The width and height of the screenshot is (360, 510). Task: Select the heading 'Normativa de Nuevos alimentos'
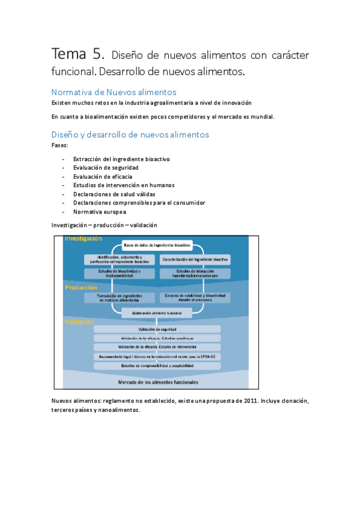click(x=114, y=92)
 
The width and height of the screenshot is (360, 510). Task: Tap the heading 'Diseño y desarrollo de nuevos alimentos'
click(x=130, y=135)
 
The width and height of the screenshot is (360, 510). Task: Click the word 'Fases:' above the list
click(x=60, y=145)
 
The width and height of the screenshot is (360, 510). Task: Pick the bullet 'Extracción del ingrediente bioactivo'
click(x=121, y=159)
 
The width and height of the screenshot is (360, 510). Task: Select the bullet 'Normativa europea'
click(x=99, y=212)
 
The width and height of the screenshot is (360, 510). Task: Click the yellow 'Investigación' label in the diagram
click(x=84, y=239)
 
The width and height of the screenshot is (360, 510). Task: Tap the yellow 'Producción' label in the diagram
click(x=81, y=288)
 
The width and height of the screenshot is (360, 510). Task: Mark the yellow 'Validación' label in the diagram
click(x=79, y=322)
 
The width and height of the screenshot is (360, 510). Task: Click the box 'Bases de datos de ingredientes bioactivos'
click(x=157, y=245)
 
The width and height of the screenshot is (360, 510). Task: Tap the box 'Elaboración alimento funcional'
click(x=156, y=312)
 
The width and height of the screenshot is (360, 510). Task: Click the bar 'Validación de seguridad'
click(x=157, y=330)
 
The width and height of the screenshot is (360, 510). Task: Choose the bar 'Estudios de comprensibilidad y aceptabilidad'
click(x=157, y=365)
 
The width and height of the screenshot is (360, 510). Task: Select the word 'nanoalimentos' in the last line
click(x=120, y=410)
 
